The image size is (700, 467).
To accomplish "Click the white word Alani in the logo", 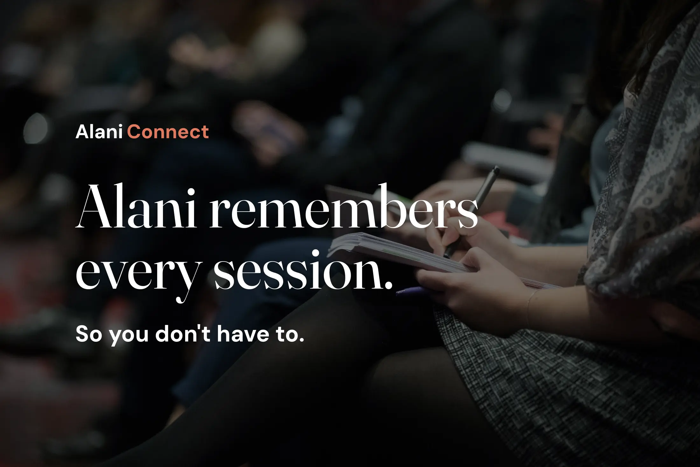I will (99, 132).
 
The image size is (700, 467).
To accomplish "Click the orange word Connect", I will (168, 132).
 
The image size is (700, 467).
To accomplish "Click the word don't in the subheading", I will (183, 334).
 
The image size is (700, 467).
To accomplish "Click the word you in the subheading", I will (129, 335).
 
